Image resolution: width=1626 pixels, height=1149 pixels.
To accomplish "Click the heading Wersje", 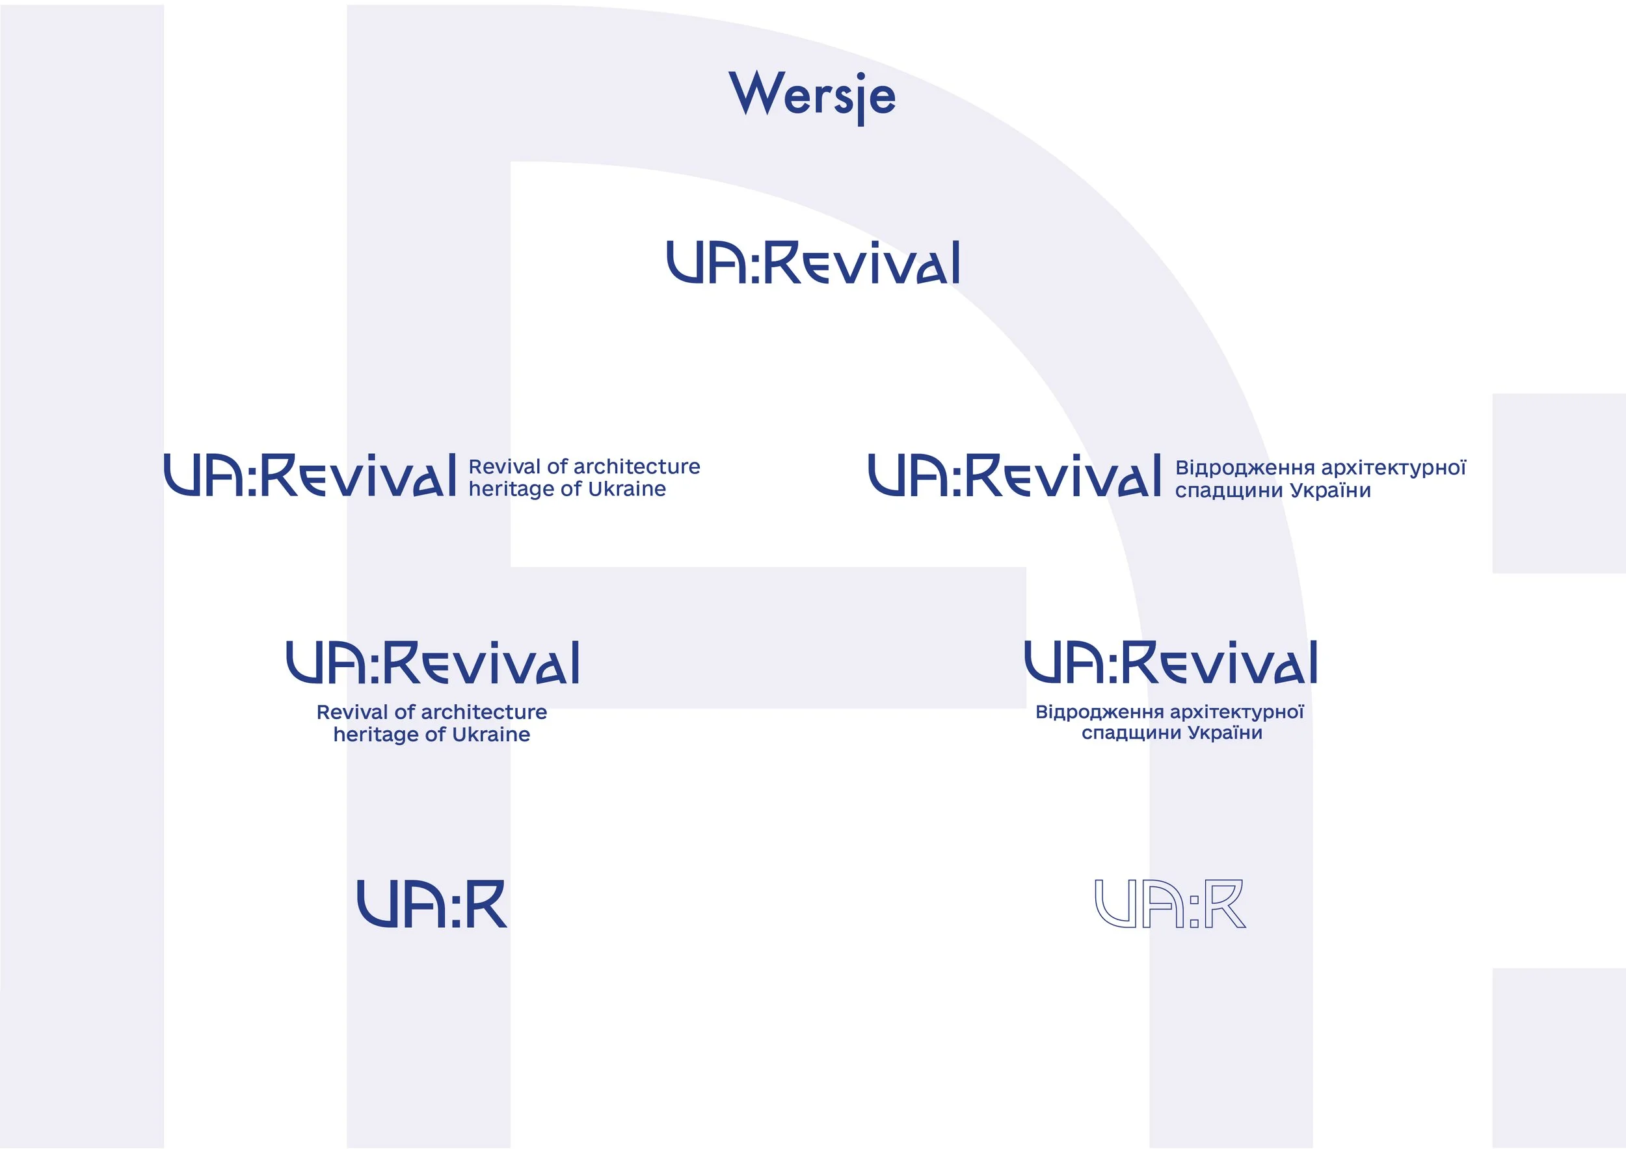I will coord(812,96).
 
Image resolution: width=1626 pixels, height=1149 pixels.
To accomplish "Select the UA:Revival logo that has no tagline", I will coord(813,262).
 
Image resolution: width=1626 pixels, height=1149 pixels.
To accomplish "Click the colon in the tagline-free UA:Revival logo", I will coord(753,265).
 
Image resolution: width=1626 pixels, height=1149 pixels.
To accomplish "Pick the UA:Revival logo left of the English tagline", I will coord(310,475).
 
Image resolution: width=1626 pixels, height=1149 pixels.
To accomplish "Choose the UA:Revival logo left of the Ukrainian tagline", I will coord(1014,475).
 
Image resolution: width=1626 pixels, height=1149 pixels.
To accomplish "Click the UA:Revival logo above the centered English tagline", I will coord(432,663).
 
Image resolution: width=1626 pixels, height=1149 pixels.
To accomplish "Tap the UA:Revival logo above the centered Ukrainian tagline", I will coord(1171,663).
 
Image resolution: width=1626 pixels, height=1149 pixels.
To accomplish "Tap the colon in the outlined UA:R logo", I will coord(1194,911).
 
